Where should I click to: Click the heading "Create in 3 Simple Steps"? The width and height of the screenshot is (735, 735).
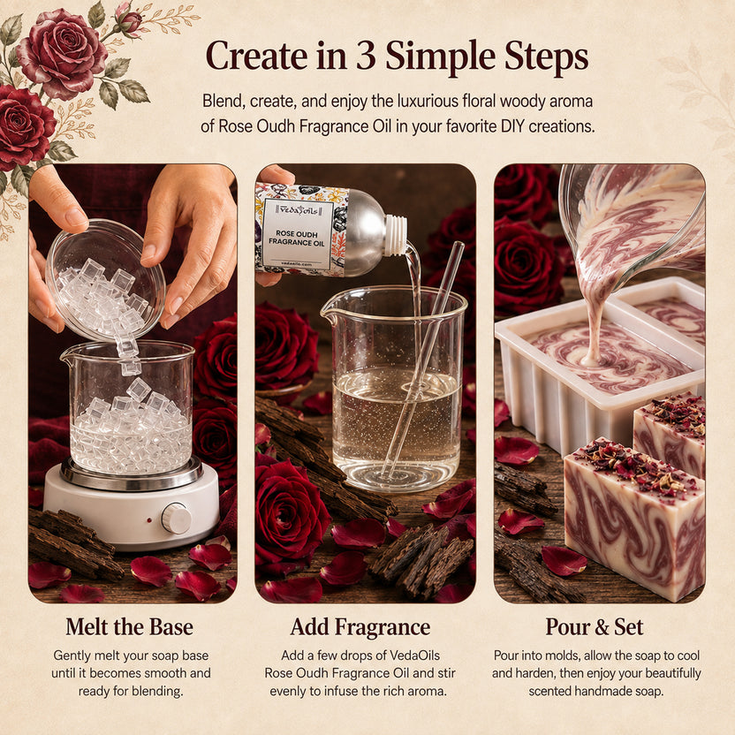(x=397, y=57)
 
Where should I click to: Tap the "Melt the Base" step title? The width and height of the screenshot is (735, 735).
(x=129, y=627)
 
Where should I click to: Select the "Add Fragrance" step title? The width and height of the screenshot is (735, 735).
(x=360, y=627)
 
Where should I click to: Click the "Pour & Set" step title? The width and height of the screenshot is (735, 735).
(x=595, y=627)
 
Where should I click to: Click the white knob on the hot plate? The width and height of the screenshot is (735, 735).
(x=177, y=519)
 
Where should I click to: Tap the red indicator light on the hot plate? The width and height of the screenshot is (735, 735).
(x=149, y=520)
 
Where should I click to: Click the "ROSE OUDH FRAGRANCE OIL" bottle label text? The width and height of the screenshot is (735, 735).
(x=297, y=239)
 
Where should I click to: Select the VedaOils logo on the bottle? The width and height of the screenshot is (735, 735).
(x=298, y=209)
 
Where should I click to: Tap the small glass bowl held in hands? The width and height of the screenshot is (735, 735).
(x=106, y=280)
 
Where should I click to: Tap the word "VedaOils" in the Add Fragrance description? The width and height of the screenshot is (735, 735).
(x=415, y=655)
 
